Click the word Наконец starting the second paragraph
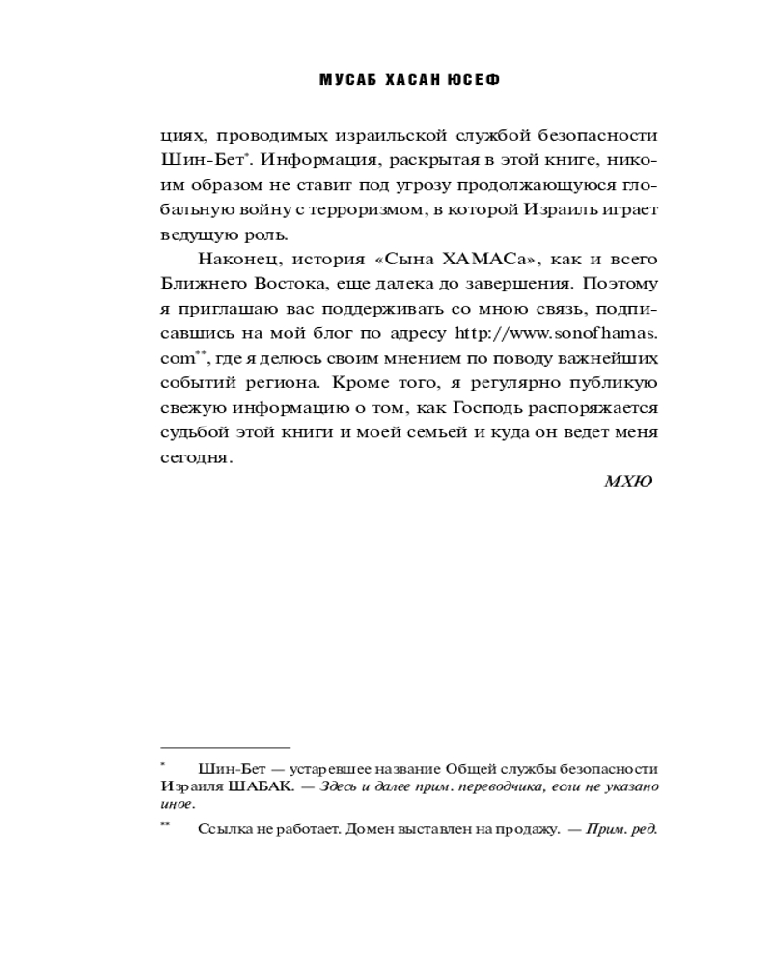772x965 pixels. [x=234, y=259]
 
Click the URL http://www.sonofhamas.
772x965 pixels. [x=578, y=334]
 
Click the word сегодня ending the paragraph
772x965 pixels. [x=196, y=458]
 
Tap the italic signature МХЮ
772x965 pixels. [x=628, y=482]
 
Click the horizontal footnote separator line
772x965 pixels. [x=225, y=747]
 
